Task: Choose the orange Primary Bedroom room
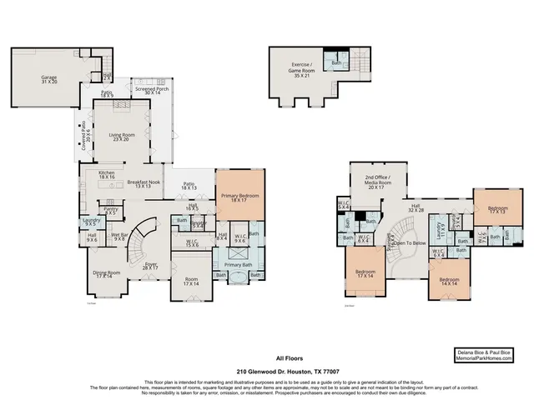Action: [239, 198]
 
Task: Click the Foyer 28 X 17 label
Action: [150, 267]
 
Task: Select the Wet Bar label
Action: [118, 238]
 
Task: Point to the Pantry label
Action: [111, 210]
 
